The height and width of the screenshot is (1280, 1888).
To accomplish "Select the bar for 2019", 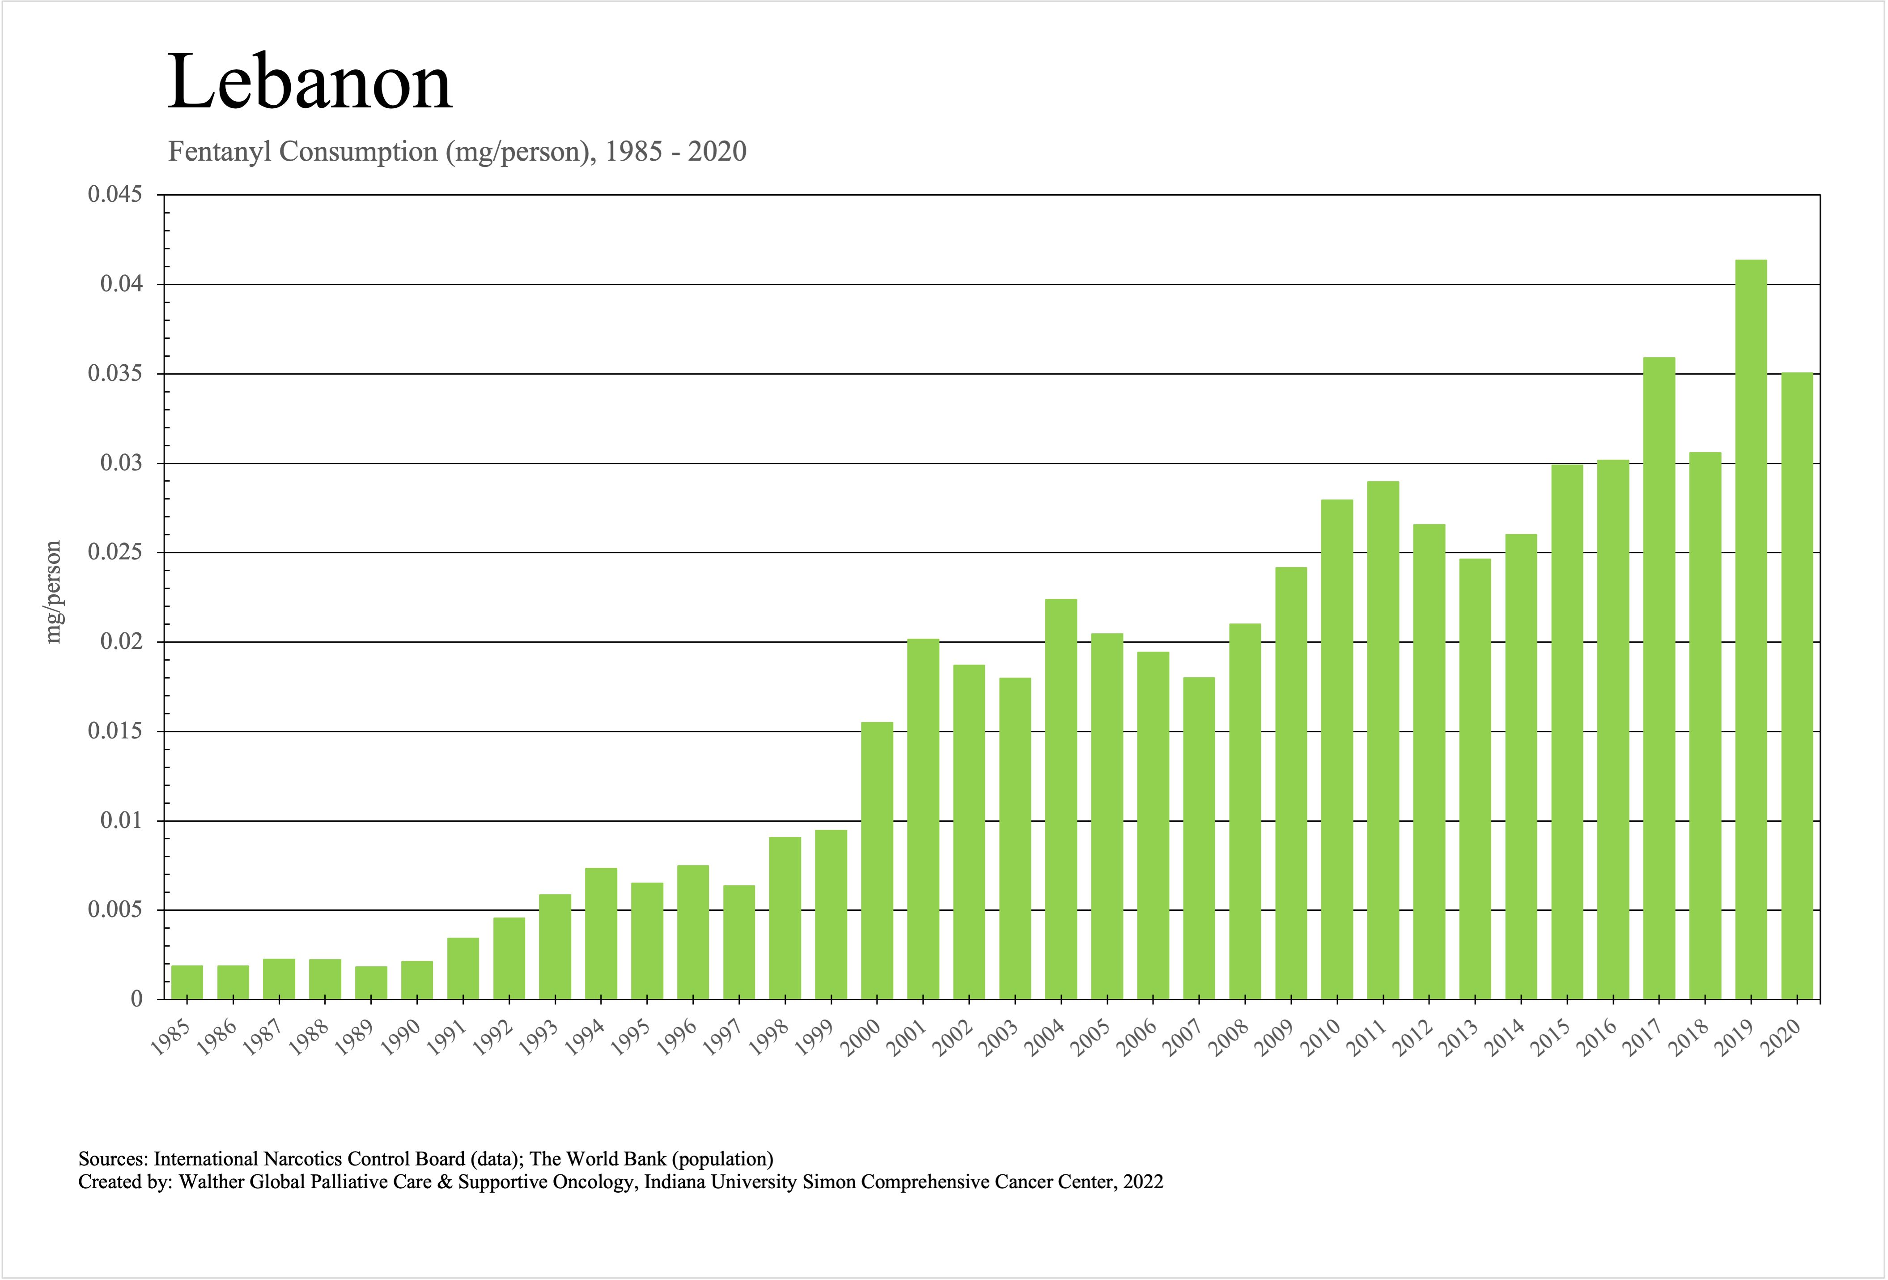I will coord(1751,630).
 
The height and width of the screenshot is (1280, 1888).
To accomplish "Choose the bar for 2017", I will coord(1659,678).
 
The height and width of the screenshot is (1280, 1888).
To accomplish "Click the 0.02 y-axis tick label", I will coord(121,642).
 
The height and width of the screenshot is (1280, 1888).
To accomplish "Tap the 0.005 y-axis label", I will coord(115,910).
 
